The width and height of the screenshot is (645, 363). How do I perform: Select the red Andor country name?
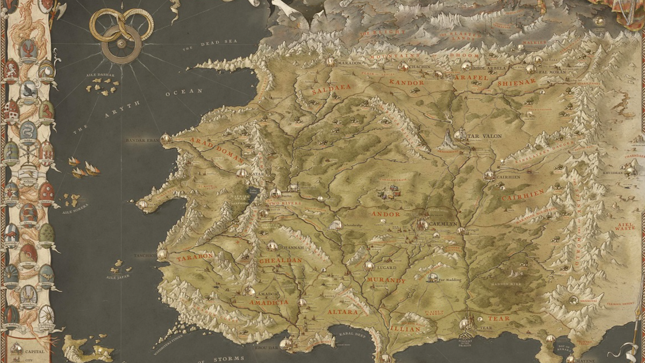(386, 214)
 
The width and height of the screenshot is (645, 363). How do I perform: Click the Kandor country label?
(407, 83)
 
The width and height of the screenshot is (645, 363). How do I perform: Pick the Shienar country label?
(517, 82)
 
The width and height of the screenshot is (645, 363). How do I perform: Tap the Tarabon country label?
(195, 257)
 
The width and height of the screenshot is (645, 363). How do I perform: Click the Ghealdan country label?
(281, 260)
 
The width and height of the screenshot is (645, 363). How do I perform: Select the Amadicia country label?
(269, 302)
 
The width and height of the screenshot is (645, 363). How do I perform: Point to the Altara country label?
(342, 312)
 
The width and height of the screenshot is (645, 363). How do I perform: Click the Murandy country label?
(386, 281)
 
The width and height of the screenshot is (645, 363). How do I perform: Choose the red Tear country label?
(498, 318)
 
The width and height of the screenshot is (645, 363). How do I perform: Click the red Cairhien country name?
(523, 195)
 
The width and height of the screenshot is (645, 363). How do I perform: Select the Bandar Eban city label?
(142, 140)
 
